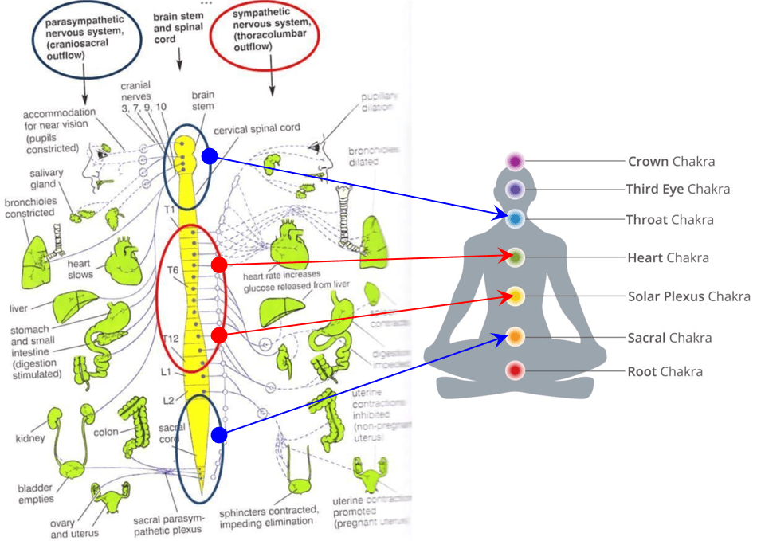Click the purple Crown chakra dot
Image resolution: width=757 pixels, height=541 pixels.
point(515,162)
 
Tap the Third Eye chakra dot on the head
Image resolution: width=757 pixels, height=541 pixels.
point(515,190)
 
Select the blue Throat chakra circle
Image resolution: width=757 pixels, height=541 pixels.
point(515,218)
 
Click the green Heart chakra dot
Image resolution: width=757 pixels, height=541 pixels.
point(515,257)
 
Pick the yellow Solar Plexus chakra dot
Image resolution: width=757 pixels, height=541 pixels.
point(515,296)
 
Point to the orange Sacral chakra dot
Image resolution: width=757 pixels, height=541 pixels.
point(515,337)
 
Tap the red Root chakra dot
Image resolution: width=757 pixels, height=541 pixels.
point(515,371)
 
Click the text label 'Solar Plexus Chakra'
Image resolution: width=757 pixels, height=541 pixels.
point(688,296)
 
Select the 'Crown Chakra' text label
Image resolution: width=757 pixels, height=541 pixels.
point(671,162)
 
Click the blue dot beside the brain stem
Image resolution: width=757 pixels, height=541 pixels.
point(209,156)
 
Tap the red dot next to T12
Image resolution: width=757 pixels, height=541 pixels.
point(220,336)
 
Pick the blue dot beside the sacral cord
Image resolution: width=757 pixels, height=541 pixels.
point(219,435)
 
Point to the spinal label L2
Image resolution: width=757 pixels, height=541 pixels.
point(169,399)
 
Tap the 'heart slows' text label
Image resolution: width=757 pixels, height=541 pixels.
point(80,269)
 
